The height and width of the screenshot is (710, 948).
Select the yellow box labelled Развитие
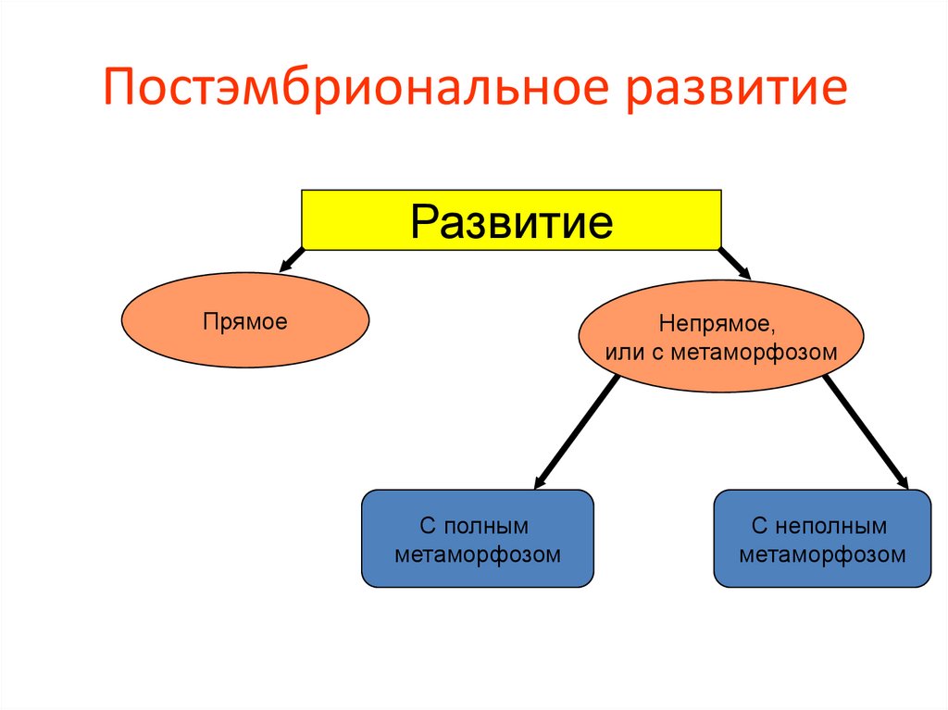(x=511, y=219)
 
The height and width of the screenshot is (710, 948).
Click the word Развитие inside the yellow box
(x=511, y=221)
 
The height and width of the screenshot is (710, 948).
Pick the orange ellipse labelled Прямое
(x=245, y=319)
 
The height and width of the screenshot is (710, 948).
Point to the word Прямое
(x=245, y=321)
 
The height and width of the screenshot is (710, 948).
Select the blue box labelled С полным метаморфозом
(x=477, y=539)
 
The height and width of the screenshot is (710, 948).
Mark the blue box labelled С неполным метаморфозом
(x=822, y=539)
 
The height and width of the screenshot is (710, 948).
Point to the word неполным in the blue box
(x=831, y=526)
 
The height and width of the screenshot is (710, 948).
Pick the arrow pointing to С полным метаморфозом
(x=576, y=432)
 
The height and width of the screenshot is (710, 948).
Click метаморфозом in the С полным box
(x=477, y=554)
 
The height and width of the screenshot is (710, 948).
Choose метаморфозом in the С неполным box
(x=822, y=554)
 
